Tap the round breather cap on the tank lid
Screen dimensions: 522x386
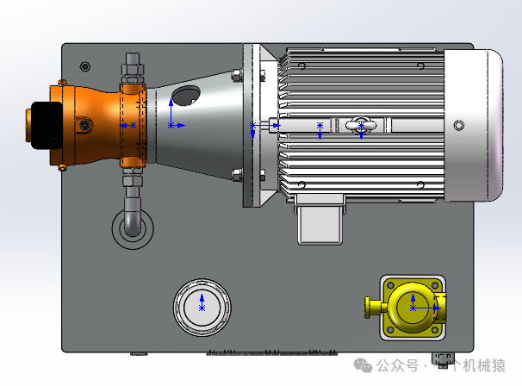[x=202, y=307]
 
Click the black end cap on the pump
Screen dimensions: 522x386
[x=46, y=125]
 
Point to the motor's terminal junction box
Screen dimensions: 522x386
[x=320, y=220]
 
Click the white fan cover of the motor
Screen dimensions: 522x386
[x=474, y=125]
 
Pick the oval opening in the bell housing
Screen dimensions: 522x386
[x=186, y=96]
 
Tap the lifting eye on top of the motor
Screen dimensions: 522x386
[x=361, y=125]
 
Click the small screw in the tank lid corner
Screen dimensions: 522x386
[x=85, y=66]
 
